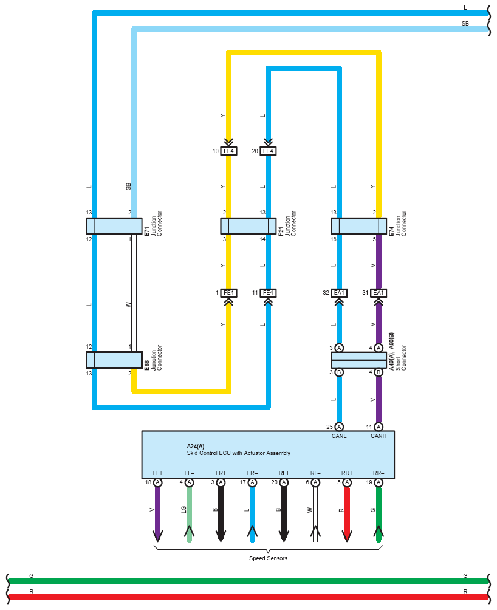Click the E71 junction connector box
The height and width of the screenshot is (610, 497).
click(114, 226)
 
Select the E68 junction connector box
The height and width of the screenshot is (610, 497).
click(114, 360)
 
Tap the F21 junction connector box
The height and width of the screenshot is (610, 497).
click(248, 226)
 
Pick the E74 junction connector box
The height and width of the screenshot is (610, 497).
click(358, 226)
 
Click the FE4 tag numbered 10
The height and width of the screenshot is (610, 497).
click(228, 151)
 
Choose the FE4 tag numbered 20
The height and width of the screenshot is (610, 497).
click(268, 151)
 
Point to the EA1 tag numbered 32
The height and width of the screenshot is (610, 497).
click(339, 293)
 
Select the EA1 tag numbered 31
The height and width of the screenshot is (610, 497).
click(379, 293)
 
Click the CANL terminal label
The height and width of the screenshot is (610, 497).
click(339, 435)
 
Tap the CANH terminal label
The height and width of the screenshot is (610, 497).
click(379, 435)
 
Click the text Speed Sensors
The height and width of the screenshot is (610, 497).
click(268, 558)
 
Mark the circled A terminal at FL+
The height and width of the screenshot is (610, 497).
click(158, 482)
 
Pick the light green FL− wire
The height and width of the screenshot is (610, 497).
click(190, 514)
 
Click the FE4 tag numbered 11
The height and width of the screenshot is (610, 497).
click(268, 293)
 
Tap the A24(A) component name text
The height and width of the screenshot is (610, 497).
click(196, 446)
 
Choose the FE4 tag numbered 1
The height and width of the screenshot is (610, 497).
click(228, 293)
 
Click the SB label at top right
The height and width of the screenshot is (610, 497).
click(465, 23)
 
